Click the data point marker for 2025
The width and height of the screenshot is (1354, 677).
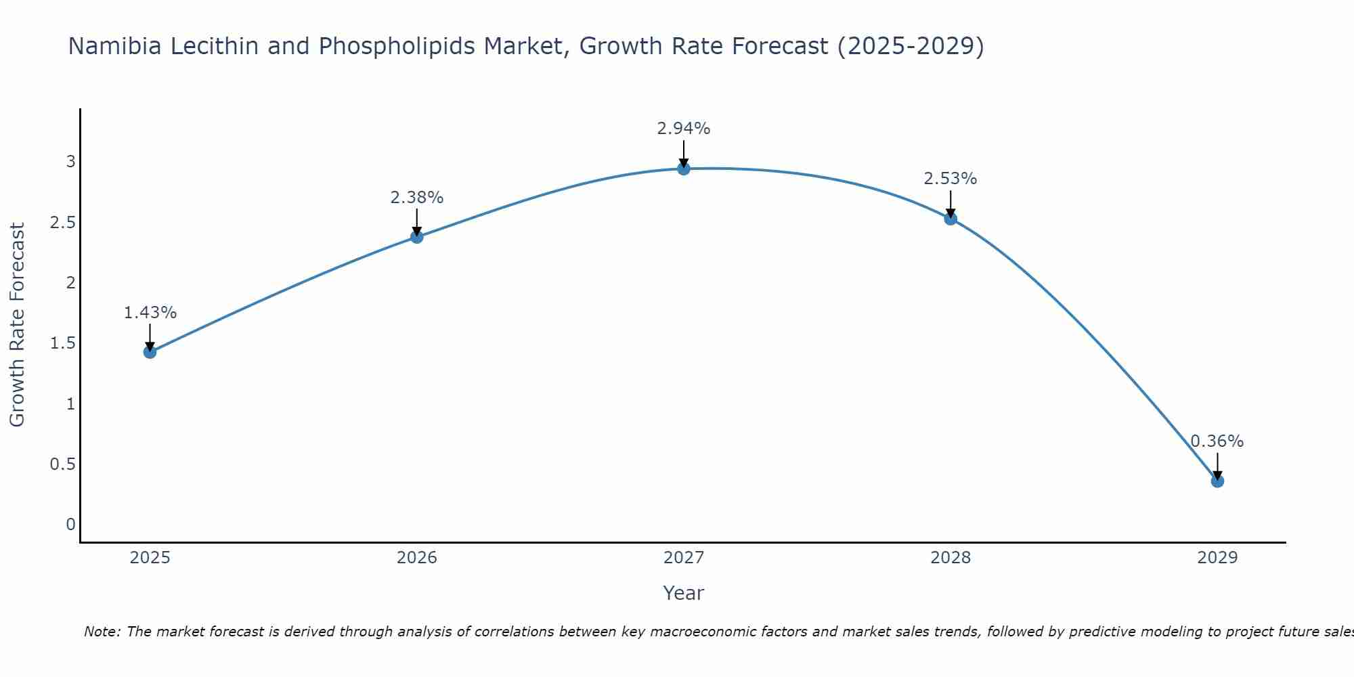pyautogui.click(x=150, y=352)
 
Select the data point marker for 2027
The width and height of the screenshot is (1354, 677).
pyautogui.click(x=684, y=169)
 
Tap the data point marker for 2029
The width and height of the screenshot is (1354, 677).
pyautogui.click(x=1217, y=481)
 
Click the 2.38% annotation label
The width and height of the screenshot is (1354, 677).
pyautogui.click(x=417, y=198)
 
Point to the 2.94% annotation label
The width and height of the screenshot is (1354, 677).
pyautogui.click(x=684, y=129)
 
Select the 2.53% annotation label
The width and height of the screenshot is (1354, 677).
pyautogui.click(x=951, y=179)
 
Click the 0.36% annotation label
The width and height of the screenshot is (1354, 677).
pyautogui.click(x=1217, y=441)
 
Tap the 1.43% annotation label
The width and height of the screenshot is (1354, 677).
pyautogui.click(x=150, y=313)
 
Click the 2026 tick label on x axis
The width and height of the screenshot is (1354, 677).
pyautogui.click(x=417, y=558)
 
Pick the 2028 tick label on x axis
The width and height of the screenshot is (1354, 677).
pyautogui.click(x=951, y=558)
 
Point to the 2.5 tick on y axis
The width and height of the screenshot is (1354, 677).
pyautogui.click(x=63, y=223)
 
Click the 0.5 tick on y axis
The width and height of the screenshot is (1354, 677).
pyautogui.click(x=63, y=464)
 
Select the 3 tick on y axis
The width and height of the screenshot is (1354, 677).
pyautogui.click(x=70, y=162)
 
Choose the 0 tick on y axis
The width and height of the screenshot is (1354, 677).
pyautogui.click(x=70, y=525)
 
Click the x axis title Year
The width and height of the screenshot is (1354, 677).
pyautogui.click(x=684, y=593)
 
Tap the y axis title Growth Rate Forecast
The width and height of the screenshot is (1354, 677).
pyautogui.click(x=18, y=325)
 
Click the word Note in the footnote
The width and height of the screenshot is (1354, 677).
pyautogui.click(x=102, y=632)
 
